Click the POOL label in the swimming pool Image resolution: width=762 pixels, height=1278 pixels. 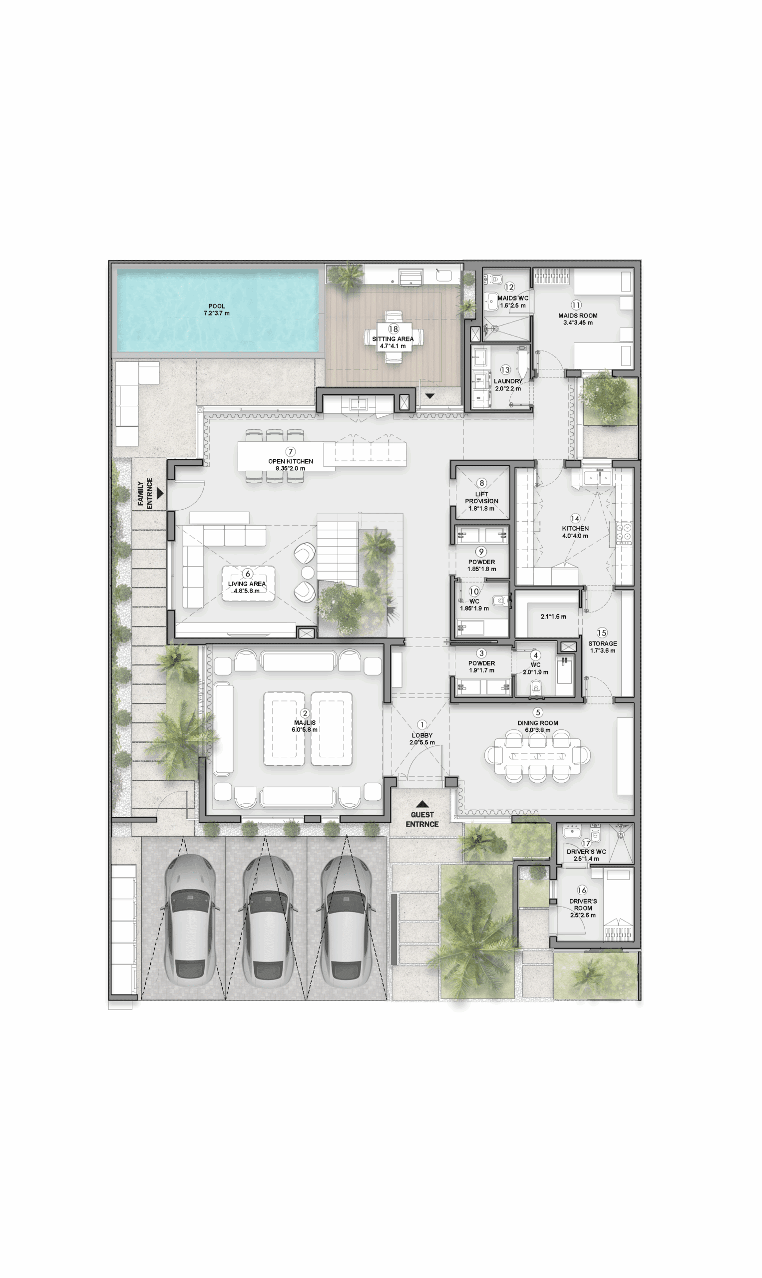tap(217, 306)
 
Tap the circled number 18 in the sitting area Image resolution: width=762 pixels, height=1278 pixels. tap(393, 329)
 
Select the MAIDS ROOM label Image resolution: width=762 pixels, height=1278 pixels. tap(578, 316)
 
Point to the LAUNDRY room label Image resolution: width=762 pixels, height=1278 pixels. tap(508, 381)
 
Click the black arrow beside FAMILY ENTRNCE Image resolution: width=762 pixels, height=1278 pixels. tap(160, 493)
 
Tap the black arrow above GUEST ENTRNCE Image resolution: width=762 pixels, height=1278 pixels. tap(422, 804)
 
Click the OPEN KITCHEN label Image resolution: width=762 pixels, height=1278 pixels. tap(291, 461)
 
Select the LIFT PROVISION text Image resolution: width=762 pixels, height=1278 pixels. tap(482, 497)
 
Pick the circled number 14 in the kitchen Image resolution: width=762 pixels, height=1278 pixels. tap(575, 518)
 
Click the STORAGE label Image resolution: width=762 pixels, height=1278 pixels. tap(603, 643)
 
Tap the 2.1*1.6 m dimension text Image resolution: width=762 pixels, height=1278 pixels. tap(553, 617)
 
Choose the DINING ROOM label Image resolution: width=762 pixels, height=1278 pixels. tap(538, 723)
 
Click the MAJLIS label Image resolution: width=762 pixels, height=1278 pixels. tap(305, 723)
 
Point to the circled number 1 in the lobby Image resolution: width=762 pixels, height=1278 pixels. tap(422, 725)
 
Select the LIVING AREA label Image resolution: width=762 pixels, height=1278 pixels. tap(247, 584)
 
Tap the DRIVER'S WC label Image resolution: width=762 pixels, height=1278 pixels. tap(586, 852)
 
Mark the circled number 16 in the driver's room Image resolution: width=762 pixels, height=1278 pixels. tap(582, 890)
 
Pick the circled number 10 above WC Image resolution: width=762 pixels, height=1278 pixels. tap(474, 592)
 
